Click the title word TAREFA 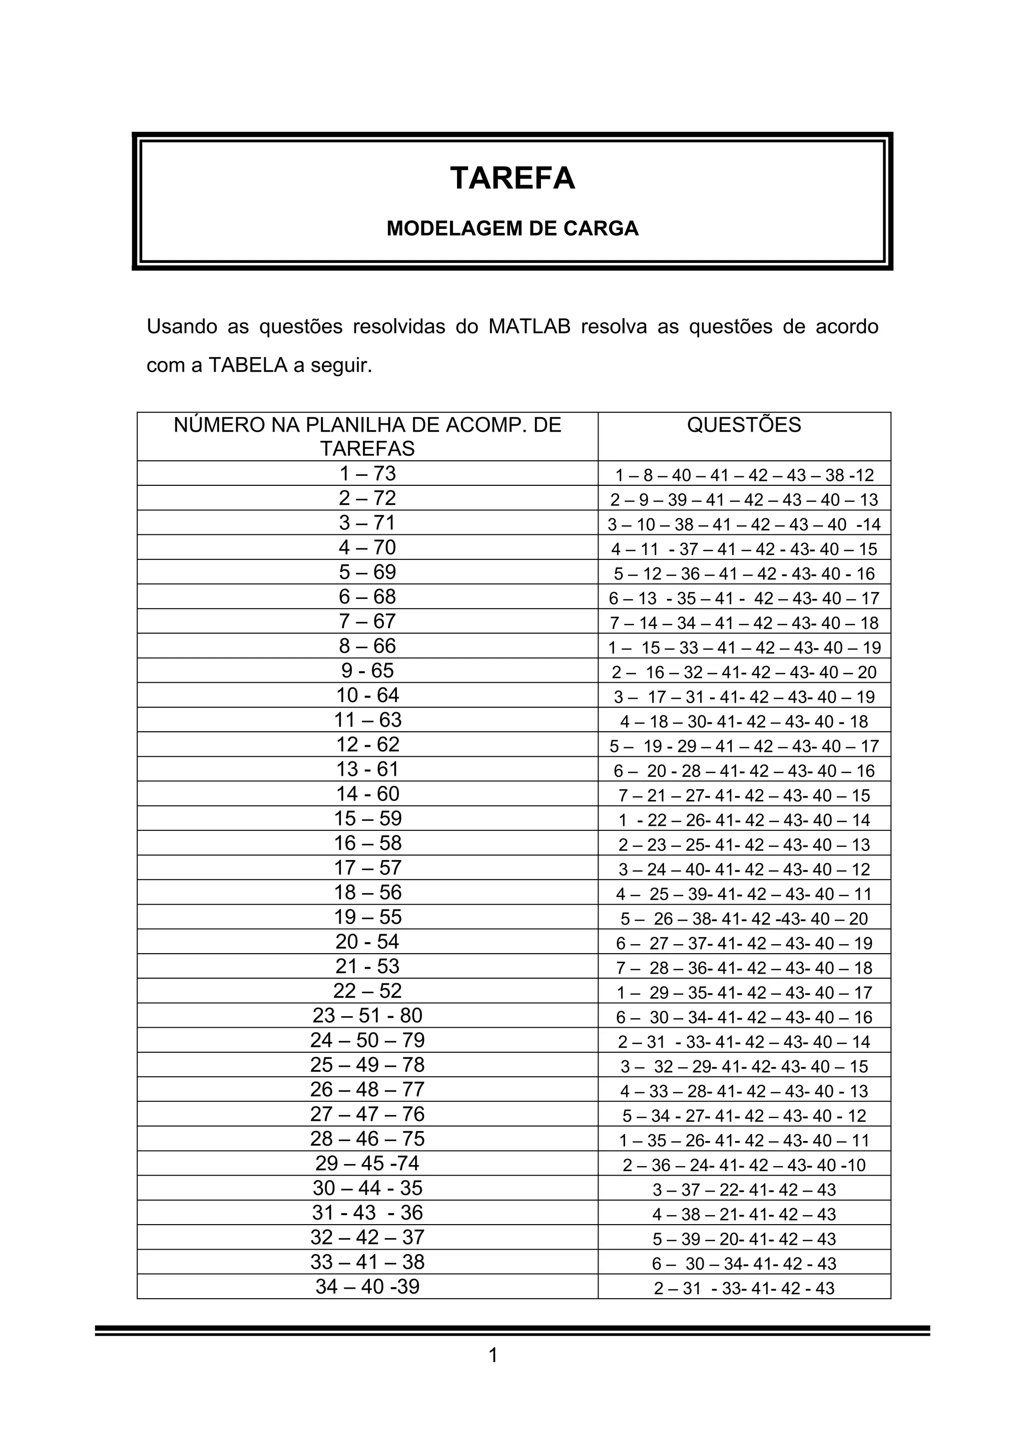click(x=512, y=178)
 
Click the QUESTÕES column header click(x=744, y=425)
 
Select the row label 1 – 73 click(x=367, y=473)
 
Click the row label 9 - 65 click(x=367, y=671)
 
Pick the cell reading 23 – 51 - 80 click(x=367, y=1016)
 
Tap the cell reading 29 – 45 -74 click(x=367, y=1164)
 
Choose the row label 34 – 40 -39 click(x=367, y=1287)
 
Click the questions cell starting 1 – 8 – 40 click(x=744, y=475)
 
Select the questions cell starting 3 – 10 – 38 click(x=744, y=524)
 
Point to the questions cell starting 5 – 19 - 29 click(x=744, y=746)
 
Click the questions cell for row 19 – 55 click(x=744, y=919)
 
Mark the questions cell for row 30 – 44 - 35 click(x=744, y=1190)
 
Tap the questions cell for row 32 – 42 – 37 click(x=744, y=1239)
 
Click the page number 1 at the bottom click(x=493, y=1373)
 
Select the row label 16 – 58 click(x=367, y=843)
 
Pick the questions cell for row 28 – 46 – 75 click(x=744, y=1140)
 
